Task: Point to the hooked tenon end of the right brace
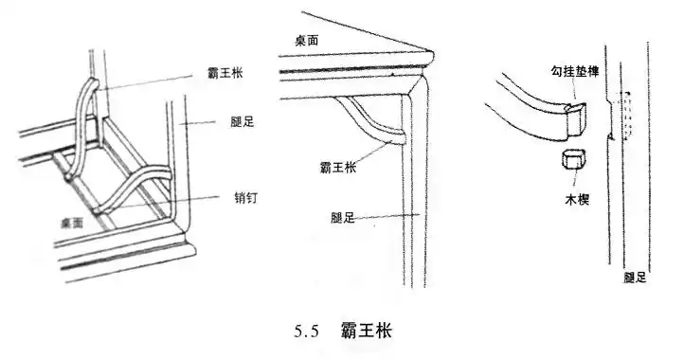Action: point(575,118)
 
